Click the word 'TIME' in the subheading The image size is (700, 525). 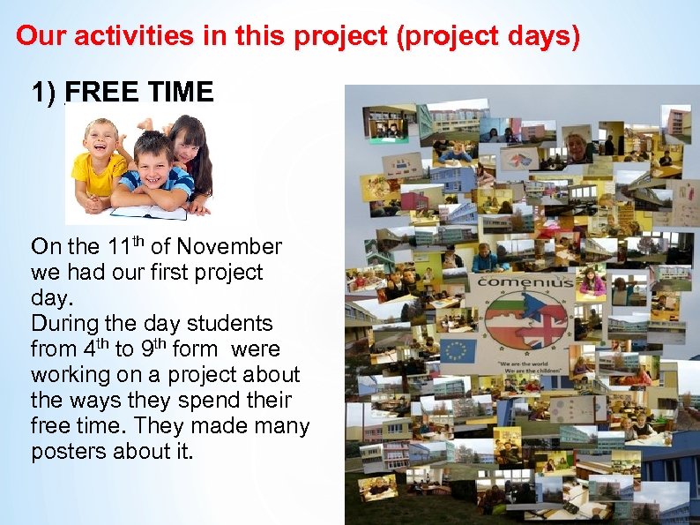coord(183,92)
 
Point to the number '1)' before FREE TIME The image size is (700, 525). coord(44,92)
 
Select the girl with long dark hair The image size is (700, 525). coord(190,154)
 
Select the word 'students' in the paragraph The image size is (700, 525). coord(229,323)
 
